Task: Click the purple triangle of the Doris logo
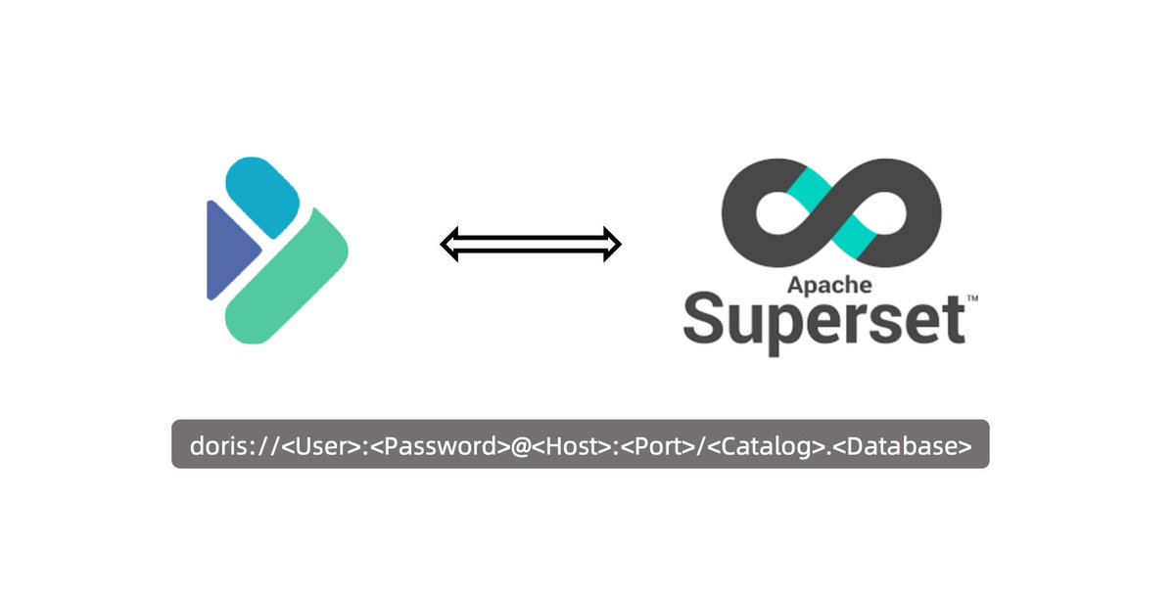pyautogui.click(x=227, y=251)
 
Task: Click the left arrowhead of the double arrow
pyautogui.click(x=451, y=244)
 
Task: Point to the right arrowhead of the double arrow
pyautogui.click(x=611, y=244)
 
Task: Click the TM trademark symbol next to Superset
pyautogui.click(x=972, y=297)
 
